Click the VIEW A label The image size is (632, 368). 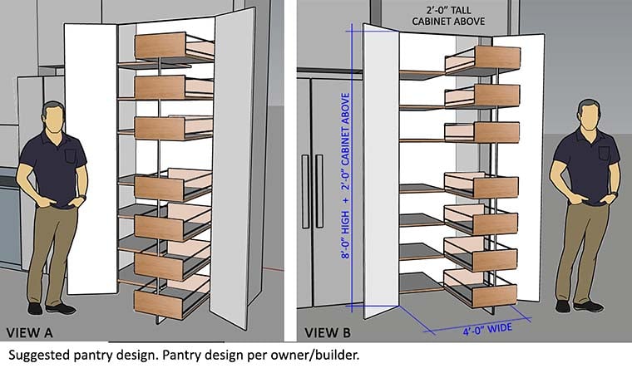point(30,333)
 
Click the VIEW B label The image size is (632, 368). point(328,333)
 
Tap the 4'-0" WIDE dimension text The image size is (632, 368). point(487,329)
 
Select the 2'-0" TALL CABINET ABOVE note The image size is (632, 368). point(448,16)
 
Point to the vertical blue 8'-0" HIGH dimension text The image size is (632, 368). point(346,175)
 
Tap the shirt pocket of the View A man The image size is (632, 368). point(70,155)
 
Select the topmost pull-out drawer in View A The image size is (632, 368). point(173,47)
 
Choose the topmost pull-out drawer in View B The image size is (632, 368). point(483,60)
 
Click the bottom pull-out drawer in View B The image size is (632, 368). point(480,289)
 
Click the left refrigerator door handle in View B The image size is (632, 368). point(305,191)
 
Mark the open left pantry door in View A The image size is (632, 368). point(91,159)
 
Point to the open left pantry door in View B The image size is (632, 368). point(381,171)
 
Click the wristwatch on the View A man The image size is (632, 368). point(83,197)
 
